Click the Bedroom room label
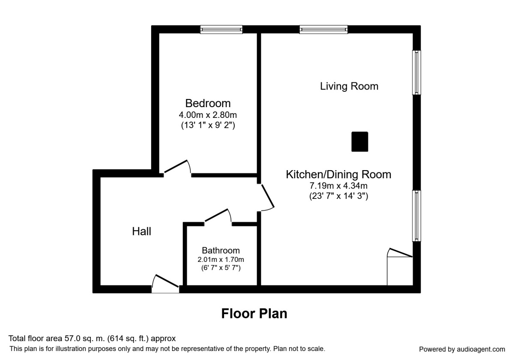coord(208,103)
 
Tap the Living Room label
coord(349,86)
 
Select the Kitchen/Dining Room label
coord(338,174)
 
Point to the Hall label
coord(141,231)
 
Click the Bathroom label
coord(221,250)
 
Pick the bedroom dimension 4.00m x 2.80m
coord(208,115)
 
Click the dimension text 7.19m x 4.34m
coord(338,186)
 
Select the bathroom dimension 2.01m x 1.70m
coord(221,259)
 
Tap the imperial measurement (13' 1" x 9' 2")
coord(208,126)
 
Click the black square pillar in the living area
coord(360,142)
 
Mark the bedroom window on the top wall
coord(221,29)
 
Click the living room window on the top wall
coord(323,29)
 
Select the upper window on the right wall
coord(416,72)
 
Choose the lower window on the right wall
coord(416,216)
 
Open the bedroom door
coord(177,168)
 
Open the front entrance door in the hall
coord(166,284)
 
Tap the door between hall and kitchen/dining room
coord(266,198)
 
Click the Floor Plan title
coord(254,314)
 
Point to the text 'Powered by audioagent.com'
coord(462,349)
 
